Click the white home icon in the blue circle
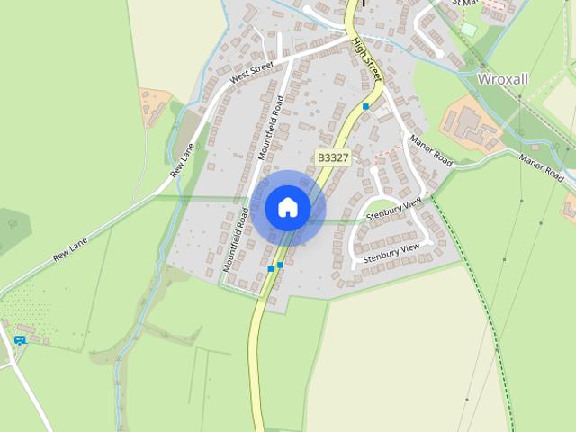click(x=287, y=207)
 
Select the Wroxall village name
click(x=503, y=79)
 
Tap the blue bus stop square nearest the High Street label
click(x=365, y=107)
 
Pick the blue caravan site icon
click(x=20, y=339)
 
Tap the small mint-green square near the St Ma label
click(x=468, y=30)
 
